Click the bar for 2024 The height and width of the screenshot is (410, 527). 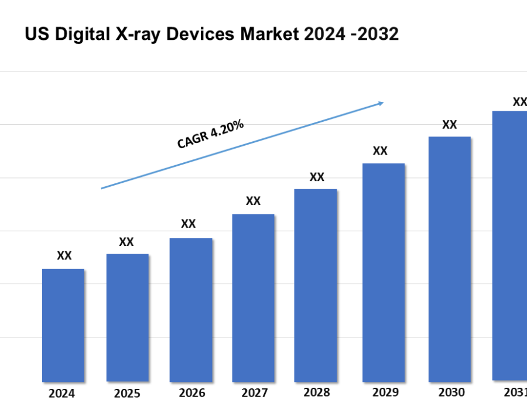click(x=63, y=325)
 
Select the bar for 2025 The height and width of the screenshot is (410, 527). click(x=127, y=317)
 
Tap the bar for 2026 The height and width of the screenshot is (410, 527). click(x=191, y=309)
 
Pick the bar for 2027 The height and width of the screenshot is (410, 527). click(x=253, y=298)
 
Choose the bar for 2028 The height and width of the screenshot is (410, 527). click(x=316, y=285)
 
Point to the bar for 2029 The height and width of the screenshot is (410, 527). click(x=384, y=272)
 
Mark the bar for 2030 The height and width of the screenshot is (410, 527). click(x=449, y=259)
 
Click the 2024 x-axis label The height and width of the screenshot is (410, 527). click(x=61, y=394)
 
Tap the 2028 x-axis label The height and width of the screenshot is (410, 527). click(x=316, y=392)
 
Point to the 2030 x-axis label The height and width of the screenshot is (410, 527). click(x=451, y=392)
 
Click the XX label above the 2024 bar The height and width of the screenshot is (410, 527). click(x=64, y=256)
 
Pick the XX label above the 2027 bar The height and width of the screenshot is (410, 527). click(x=253, y=201)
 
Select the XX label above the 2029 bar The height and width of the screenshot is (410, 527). click(x=380, y=151)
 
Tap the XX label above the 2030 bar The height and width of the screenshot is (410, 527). click(x=449, y=125)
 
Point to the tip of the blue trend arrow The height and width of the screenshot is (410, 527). click(x=383, y=102)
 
